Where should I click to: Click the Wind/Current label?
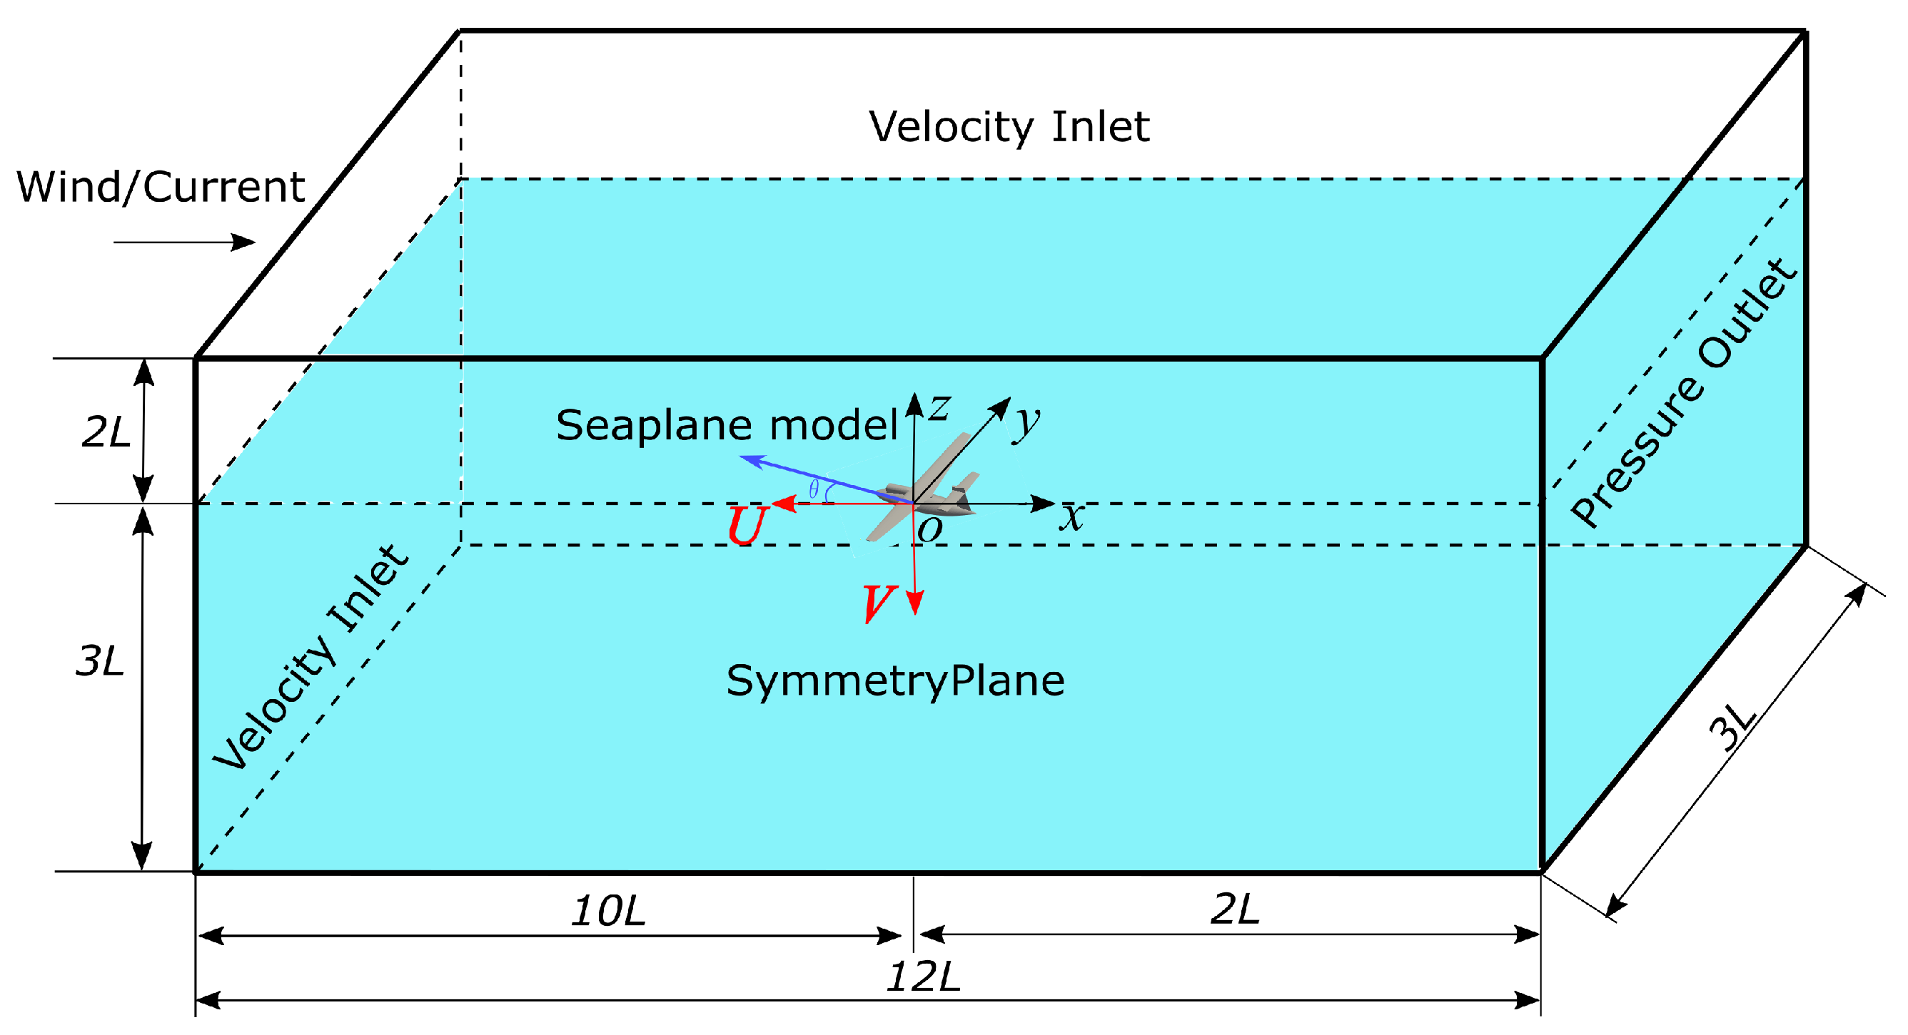(161, 187)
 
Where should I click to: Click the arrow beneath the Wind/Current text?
(183, 242)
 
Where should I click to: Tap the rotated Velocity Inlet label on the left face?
(311, 658)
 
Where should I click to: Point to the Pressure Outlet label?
(1684, 393)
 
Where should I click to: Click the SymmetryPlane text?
(894, 680)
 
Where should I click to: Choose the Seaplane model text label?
(727, 425)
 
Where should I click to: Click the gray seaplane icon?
(926, 489)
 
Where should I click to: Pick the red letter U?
(746, 526)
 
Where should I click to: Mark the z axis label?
(940, 407)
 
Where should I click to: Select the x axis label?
(1071, 516)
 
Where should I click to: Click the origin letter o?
(929, 529)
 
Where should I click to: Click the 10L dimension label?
(608, 911)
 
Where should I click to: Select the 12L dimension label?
(923, 977)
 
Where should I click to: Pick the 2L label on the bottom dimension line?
(1235, 909)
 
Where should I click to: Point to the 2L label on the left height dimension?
(106, 432)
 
